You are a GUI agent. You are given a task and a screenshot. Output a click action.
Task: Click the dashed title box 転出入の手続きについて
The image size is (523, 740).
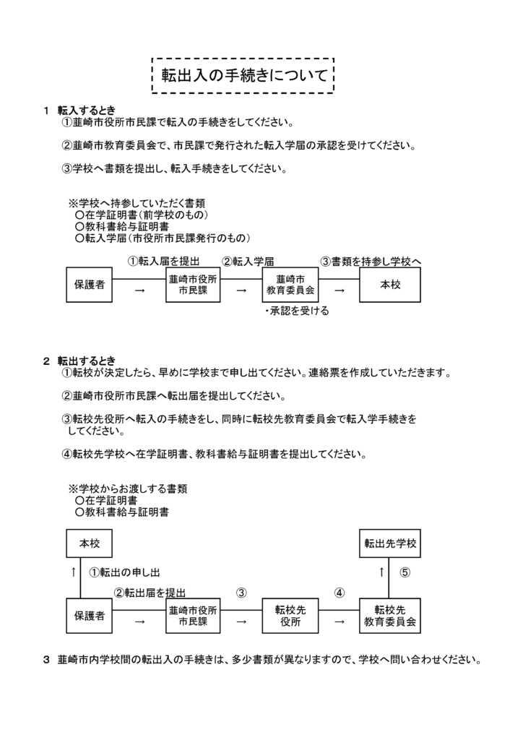click(243, 75)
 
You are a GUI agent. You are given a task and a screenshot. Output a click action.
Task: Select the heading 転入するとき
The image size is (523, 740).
click(86, 111)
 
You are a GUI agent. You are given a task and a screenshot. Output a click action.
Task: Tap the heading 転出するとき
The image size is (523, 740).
click(86, 361)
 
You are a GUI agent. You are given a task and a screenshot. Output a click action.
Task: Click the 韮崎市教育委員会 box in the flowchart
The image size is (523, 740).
click(290, 285)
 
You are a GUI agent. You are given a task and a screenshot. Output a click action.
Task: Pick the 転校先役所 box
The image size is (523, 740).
click(290, 616)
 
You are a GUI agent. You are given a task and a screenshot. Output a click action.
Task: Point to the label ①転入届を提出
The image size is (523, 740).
click(163, 261)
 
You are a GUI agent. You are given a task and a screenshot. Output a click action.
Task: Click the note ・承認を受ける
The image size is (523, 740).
click(296, 311)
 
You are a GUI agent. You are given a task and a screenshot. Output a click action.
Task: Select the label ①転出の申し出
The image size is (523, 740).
click(124, 572)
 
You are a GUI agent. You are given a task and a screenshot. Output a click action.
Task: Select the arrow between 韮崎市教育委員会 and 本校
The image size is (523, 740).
click(339, 290)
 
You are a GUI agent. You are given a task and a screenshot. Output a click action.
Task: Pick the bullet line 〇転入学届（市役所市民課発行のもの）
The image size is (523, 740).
click(162, 237)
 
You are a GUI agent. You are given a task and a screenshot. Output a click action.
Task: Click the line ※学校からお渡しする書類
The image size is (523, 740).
click(127, 489)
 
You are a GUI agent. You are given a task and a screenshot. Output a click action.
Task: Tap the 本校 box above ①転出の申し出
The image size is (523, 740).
click(90, 543)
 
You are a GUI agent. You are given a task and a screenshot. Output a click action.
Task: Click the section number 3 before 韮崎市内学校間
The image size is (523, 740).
click(47, 660)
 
